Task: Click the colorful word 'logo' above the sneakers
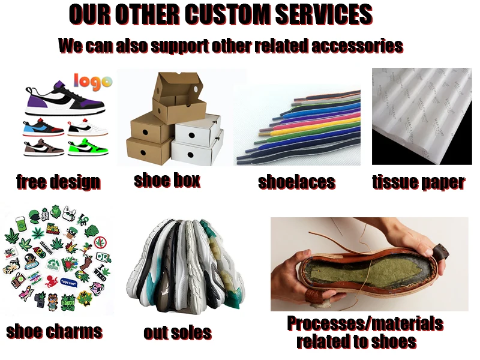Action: (92, 80)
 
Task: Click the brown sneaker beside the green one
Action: (43, 147)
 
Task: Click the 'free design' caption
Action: (58, 181)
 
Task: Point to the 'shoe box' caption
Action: (166, 179)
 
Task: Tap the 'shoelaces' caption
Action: (296, 182)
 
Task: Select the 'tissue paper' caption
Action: (418, 182)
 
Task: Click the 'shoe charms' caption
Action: (54, 331)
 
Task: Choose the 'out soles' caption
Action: (177, 332)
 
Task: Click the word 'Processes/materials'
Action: (365, 324)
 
